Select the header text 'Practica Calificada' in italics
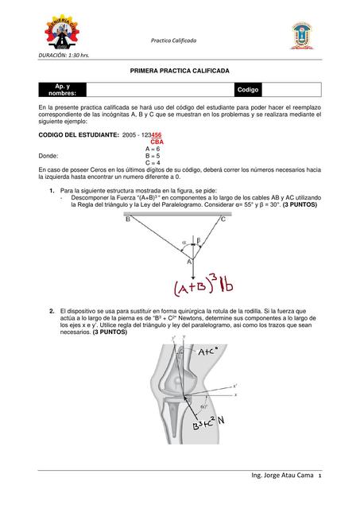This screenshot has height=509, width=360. pyautogui.click(x=179, y=40)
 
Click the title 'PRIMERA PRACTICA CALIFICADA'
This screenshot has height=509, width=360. pyautogui.click(x=179, y=71)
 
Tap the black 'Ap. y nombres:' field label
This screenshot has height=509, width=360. pyautogui.click(x=61, y=90)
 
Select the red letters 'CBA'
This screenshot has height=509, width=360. pyautogui.click(x=156, y=142)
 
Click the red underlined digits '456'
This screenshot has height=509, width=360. pyautogui.click(x=157, y=135)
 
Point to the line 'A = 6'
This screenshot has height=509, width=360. pyautogui.click(x=153, y=149)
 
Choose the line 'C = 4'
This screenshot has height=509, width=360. pyautogui.click(x=153, y=163)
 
